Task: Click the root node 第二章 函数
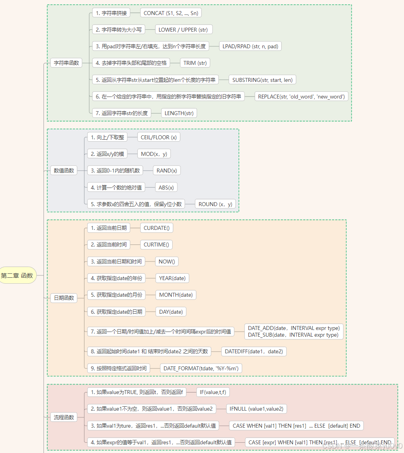(x=18, y=276)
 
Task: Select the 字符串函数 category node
(x=66, y=63)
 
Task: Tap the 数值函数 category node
(x=64, y=171)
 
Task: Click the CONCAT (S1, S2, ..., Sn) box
(x=171, y=13)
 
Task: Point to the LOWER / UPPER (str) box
(x=184, y=30)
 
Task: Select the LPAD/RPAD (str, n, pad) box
(x=250, y=46)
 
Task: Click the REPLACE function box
(x=301, y=97)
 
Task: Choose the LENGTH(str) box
(x=179, y=113)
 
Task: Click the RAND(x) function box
(x=167, y=171)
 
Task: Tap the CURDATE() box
(x=156, y=228)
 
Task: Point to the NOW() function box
(x=167, y=262)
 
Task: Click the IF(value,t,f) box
(x=213, y=392)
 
